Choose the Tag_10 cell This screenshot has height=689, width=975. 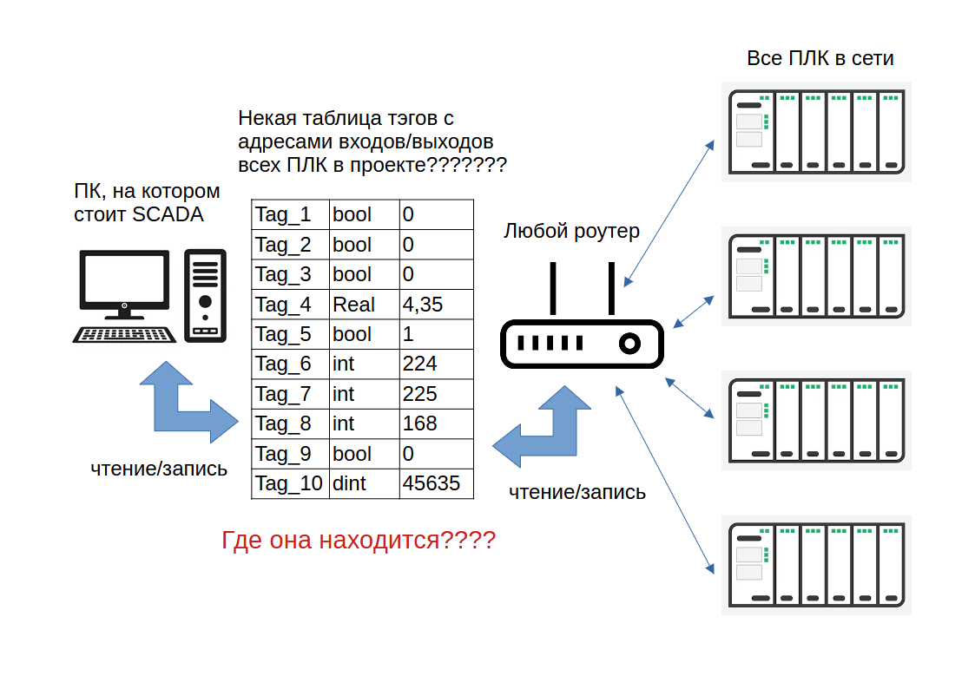(289, 483)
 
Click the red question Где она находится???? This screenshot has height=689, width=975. (359, 541)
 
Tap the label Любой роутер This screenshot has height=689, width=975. (571, 232)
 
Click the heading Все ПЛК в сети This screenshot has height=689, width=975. (820, 59)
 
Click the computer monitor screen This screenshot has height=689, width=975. (124, 278)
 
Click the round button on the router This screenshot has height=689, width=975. (629, 344)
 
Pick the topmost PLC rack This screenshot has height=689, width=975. (816, 131)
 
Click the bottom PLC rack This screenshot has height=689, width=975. (816, 565)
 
